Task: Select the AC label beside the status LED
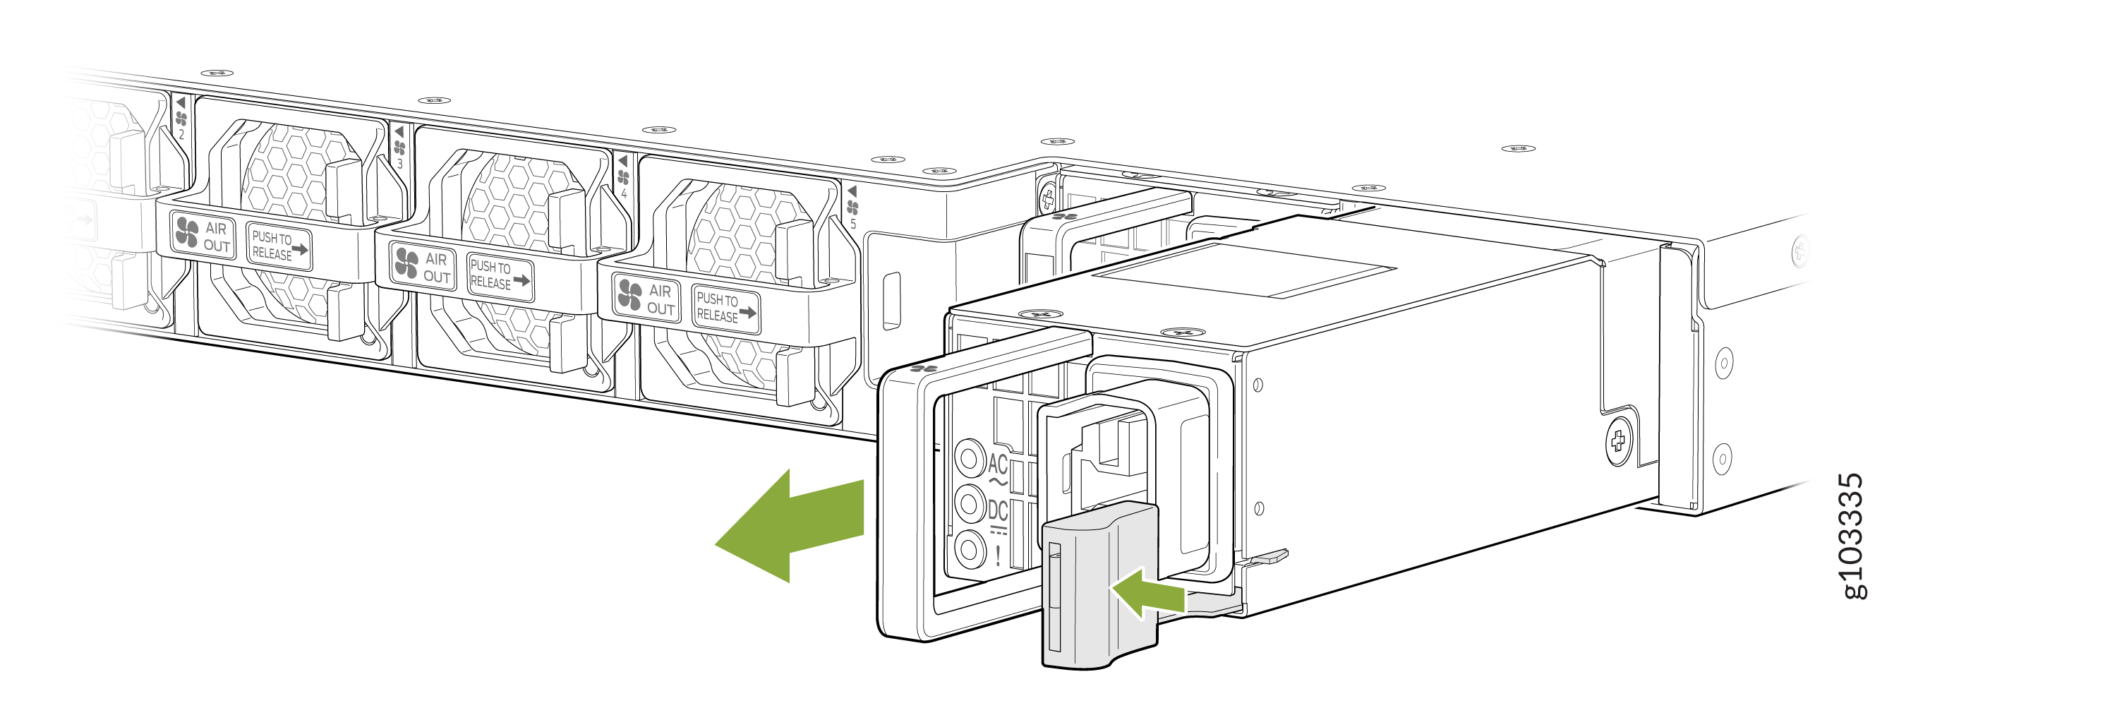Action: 998,465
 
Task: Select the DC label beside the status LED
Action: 998,511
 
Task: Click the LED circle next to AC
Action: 970,456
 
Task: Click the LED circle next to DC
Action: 970,502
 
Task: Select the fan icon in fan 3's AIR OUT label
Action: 406,263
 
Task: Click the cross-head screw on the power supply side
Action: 1617,442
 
